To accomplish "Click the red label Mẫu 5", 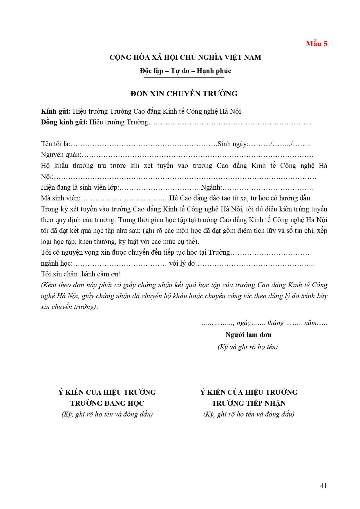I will click(x=316, y=44).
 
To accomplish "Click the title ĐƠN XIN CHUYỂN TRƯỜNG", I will click(x=184, y=94).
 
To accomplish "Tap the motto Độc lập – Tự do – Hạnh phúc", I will click(x=185, y=71).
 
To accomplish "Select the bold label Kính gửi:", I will click(x=56, y=111).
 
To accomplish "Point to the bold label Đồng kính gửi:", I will click(x=64, y=122).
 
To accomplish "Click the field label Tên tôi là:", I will click(x=55, y=144).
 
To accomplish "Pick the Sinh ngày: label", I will click(x=233, y=144).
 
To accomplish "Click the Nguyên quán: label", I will click(x=61, y=155).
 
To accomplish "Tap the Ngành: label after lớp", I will click(x=211, y=187).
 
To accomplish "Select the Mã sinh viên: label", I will click(x=60, y=198).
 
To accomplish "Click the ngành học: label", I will click(x=57, y=263).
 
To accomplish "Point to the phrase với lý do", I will click(x=182, y=263).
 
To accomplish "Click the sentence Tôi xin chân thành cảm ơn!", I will click(x=81, y=274).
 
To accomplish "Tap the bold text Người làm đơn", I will click(x=248, y=335).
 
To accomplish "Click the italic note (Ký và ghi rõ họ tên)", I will click(x=248, y=347).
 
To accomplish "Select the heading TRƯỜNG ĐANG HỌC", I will click(x=107, y=403).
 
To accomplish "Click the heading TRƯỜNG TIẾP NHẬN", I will click(x=249, y=403).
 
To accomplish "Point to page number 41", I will click(x=323, y=486).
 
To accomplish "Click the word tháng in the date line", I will click(x=276, y=323).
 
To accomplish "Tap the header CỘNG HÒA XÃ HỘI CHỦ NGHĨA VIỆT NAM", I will click(x=185, y=57).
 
